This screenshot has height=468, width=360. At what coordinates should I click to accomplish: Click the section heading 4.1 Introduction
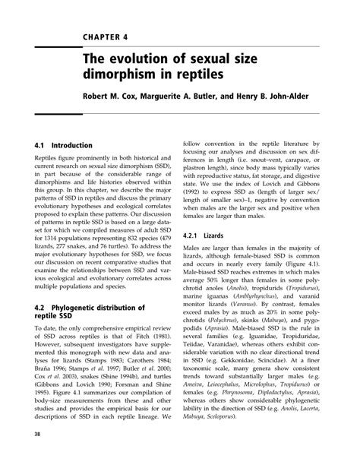64,145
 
